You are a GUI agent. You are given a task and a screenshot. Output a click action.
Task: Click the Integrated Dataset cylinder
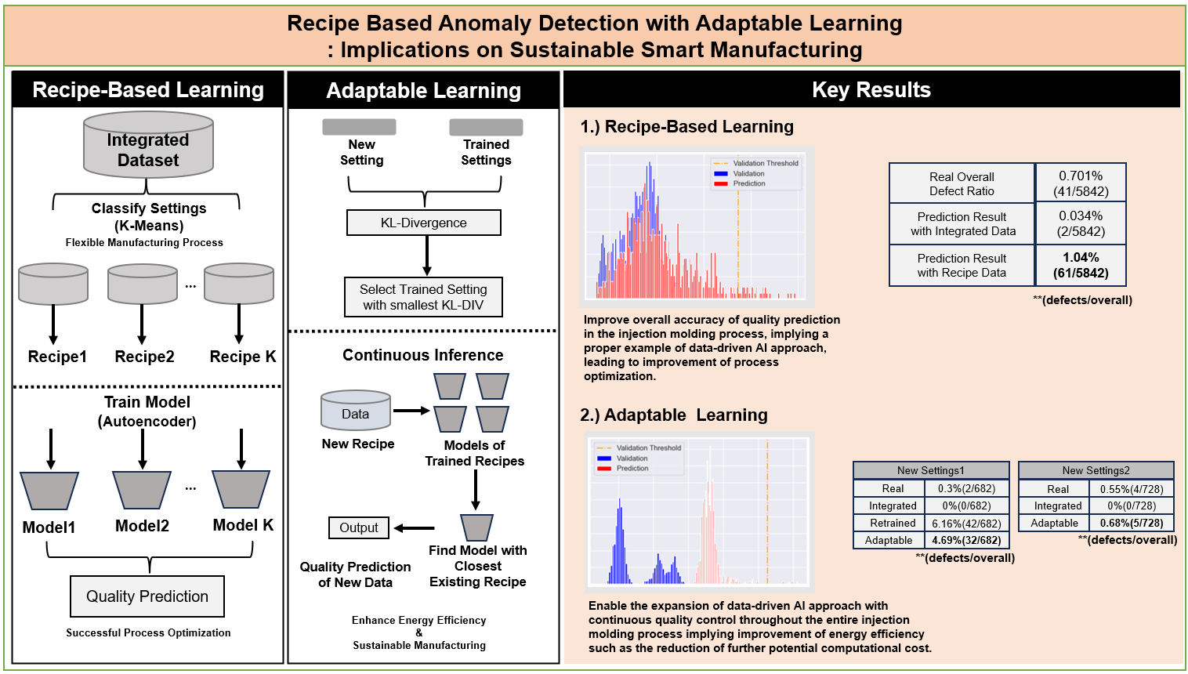148,146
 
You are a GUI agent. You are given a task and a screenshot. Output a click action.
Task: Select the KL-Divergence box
424,223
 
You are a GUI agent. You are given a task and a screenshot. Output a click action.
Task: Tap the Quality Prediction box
147,596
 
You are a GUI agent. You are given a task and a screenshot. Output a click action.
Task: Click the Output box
359,528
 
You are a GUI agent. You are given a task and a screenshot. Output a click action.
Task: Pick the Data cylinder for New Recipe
356,411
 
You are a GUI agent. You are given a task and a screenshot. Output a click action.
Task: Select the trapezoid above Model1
49,491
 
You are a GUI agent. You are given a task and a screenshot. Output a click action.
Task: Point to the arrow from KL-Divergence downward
427,255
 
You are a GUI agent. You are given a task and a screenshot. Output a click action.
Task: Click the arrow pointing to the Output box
415,528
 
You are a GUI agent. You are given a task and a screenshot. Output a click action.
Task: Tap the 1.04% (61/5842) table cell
1081,266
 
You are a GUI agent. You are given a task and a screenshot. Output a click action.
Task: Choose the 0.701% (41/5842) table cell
1081,183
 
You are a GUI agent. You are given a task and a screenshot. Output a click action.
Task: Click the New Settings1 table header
931,470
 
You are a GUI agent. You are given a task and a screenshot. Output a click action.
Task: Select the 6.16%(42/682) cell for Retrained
966,524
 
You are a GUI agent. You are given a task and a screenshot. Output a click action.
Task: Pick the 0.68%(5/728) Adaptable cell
1132,523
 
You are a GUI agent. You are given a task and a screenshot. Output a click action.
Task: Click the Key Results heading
871,90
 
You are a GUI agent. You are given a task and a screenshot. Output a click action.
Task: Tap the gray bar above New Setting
359,127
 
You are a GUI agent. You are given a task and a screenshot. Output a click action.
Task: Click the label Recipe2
144,357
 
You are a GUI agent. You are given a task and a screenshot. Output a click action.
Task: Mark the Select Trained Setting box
423,297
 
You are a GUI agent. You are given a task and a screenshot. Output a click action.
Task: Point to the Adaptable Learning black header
424,91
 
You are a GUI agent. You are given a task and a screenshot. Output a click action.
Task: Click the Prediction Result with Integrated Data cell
962,224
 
